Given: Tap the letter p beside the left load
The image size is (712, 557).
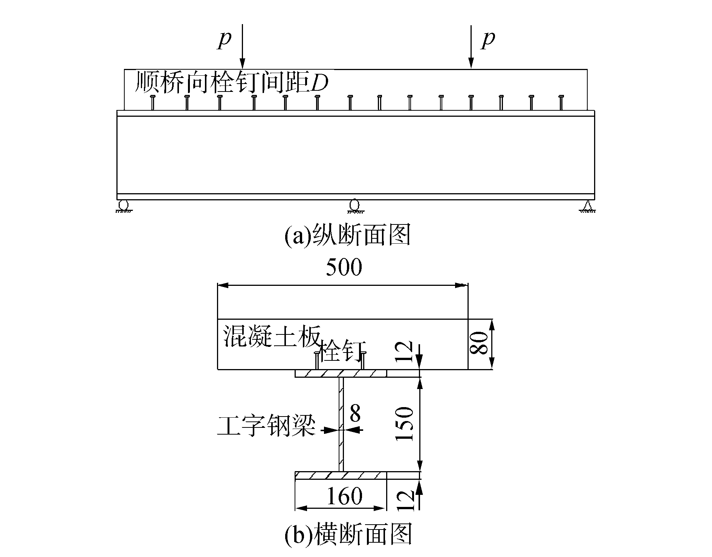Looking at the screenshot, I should point(225,40).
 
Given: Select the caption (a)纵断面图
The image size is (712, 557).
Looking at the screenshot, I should point(347,235).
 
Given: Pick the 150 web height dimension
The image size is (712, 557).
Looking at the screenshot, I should point(406,424).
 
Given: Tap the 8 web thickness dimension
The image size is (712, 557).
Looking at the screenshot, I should point(355,414).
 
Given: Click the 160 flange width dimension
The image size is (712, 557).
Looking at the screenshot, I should point(344,496).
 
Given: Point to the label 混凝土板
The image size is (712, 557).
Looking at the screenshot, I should point(272,336).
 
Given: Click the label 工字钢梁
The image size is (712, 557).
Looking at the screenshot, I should point(266,426).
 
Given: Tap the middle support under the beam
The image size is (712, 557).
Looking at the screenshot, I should point(354,205).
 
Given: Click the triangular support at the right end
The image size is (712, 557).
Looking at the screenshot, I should point(587,206).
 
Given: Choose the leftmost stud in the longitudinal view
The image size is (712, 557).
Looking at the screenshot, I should point(153,103).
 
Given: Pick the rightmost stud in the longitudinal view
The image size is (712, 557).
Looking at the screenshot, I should point(561,103).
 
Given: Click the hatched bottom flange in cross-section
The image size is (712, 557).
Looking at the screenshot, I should point(341,475).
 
